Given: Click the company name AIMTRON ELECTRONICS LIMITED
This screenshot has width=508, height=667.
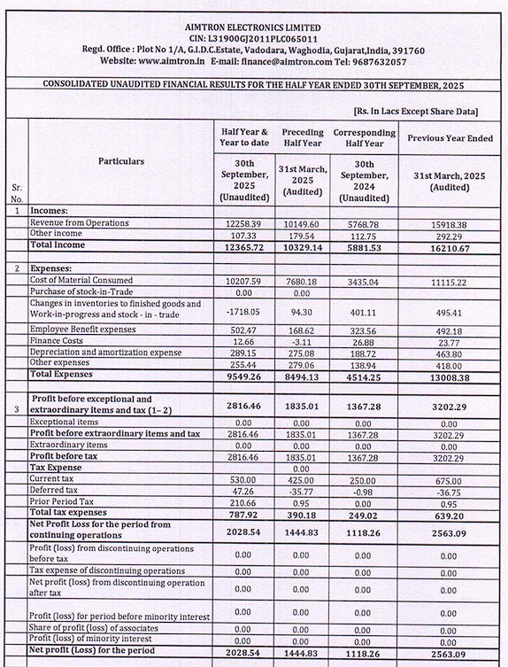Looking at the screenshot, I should click(253, 28).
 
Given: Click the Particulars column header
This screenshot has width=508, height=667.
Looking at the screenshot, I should click(121, 161).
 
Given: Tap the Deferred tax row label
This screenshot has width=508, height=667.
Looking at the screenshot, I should click(55, 490).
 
